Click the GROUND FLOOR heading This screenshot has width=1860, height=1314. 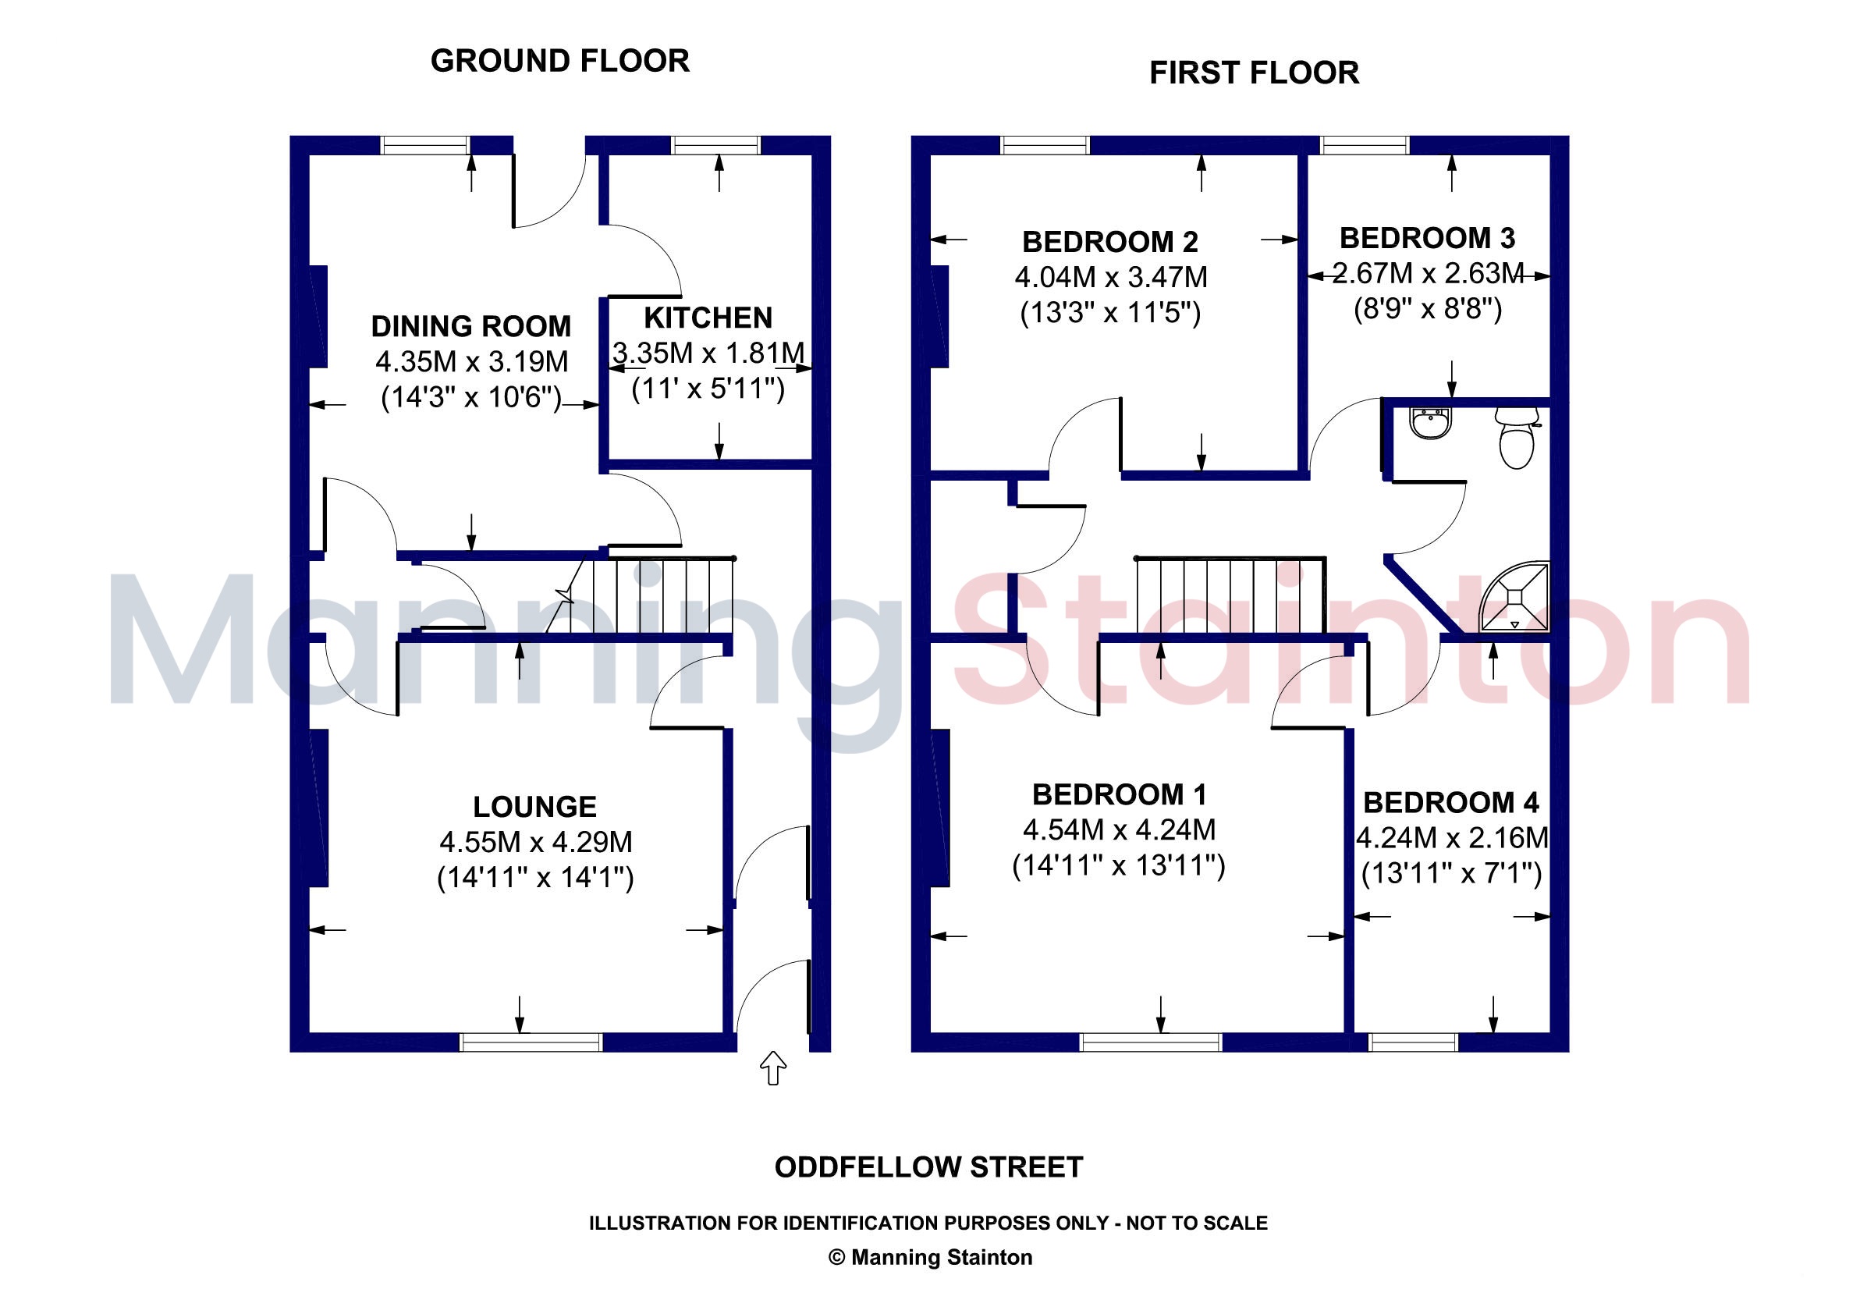tap(559, 61)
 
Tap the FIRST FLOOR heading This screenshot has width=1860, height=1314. tap(1254, 73)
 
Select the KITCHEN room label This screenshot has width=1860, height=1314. tap(708, 318)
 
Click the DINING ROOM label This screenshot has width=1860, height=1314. tap(470, 326)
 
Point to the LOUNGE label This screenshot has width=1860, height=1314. tap(534, 807)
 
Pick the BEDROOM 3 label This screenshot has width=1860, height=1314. tap(1428, 238)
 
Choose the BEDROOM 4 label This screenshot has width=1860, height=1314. tap(1451, 803)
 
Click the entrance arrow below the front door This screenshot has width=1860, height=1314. tap(774, 1067)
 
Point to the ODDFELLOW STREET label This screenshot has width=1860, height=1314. tap(928, 1167)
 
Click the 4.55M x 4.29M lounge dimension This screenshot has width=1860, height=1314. tap(535, 843)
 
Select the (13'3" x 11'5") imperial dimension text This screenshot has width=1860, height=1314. tap(1110, 313)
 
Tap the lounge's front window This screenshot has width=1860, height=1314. tap(531, 1042)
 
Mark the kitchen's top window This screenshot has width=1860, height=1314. tap(716, 145)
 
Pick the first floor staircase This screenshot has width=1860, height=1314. tap(1230, 595)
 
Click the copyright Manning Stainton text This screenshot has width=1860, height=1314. tap(930, 1257)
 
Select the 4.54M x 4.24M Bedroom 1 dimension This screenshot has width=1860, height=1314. tap(1119, 830)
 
